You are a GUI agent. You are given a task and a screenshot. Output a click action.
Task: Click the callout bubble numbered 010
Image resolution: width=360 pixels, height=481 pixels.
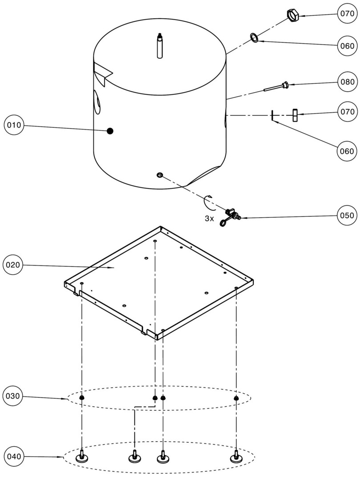point(13,125)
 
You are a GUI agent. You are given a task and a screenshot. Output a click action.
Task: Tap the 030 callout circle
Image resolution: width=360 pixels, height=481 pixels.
point(13,395)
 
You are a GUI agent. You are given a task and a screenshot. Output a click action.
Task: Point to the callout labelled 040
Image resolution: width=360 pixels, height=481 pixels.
point(13,457)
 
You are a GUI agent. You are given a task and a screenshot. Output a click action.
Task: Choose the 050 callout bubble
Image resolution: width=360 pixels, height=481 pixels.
point(346,216)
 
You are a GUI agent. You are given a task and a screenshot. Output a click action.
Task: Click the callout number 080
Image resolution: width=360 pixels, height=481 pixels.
point(346,82)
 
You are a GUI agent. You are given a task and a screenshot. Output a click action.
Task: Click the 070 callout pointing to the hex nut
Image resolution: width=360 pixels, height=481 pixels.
point(346,14)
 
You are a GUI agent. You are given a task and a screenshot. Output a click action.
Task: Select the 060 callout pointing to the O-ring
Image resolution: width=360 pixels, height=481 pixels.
point(346,46)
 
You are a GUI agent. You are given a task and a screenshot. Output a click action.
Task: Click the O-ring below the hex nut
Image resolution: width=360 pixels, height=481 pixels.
point(255,37)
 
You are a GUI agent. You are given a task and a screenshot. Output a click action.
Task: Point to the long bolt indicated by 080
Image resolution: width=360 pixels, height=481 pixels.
point(276,87)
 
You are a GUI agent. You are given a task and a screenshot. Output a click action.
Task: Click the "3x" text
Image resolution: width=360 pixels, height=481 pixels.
point(209,219)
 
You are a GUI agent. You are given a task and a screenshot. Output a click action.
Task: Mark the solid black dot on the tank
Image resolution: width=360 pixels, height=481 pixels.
point(110,130)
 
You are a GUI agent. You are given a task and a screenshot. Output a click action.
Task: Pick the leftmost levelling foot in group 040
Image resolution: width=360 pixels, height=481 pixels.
point(82,456)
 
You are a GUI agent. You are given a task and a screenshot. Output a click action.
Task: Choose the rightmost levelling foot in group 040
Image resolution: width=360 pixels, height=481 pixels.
point(235,456)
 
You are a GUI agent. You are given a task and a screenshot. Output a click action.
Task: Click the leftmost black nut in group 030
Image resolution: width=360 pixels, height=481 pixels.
point(82,397)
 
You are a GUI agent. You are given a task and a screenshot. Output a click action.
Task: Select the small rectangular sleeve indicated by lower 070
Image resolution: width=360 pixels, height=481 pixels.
point(294,115)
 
